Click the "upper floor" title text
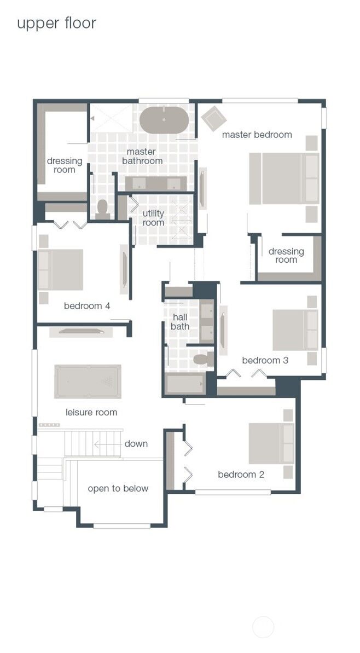tap(56, 24)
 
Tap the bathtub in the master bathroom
tap(164, 120)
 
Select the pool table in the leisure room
tap(88, 382)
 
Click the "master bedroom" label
tap(257, 135)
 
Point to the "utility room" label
tap(153, 218)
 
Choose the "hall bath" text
tap(180, 322)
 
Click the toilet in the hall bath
tap(204, 359)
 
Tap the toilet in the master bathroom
tap(102, 210)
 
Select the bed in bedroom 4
tap(60, 269)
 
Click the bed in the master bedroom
tap(284, 178)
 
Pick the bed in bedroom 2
tap(271, 443)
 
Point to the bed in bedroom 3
tap(295, 330)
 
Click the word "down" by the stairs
tap(136, 443)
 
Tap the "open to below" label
tap(118, 488)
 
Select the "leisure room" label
tap(91, 412)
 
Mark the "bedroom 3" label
tap(265, 360)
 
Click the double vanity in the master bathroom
tap(156, 183)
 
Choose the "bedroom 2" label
tap(241, 475)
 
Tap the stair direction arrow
tap(108, 444)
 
